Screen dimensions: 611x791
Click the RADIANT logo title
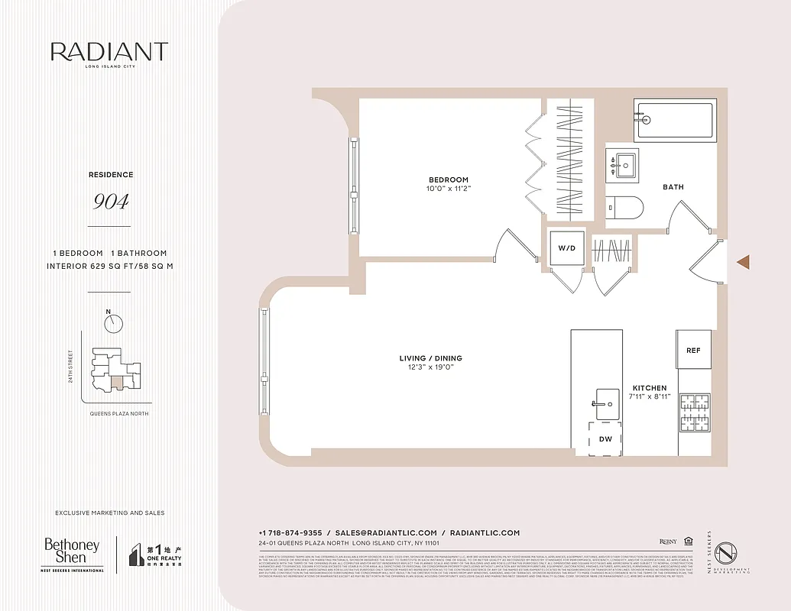click(109, 52)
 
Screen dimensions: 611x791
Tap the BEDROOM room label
click(448, 180)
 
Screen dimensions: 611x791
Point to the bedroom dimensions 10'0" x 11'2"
click(448, 189)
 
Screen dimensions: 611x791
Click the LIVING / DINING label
click(430, 358)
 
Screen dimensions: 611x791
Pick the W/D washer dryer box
click(566, 247)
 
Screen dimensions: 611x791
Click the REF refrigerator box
click(693, 349)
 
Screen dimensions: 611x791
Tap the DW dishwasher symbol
click(605, 438)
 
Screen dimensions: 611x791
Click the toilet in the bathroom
click(625, 207)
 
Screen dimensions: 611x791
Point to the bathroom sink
click(625, 163)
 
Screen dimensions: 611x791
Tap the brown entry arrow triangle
click(743, 262)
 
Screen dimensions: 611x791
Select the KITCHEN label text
click(649, 388)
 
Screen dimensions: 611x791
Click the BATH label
click(673, 187)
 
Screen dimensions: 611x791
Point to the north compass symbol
click(113, 322)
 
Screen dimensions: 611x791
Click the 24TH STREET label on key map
click(71, 367)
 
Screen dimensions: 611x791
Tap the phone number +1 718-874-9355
click(290, 533)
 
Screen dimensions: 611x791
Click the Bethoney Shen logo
click(72, 553)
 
